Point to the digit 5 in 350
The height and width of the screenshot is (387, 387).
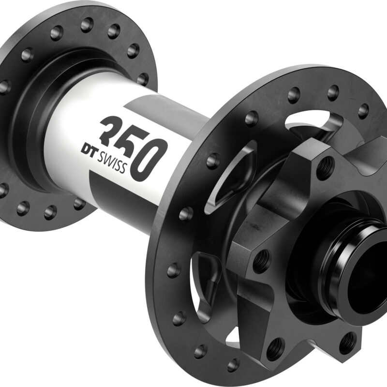[128, 140]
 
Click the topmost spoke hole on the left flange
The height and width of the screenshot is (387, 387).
[88, 23]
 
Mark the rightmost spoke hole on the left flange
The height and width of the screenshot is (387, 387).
[143, 78]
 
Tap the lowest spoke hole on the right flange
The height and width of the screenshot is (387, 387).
[233, 364]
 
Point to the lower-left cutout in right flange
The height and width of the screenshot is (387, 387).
[206, 276]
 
